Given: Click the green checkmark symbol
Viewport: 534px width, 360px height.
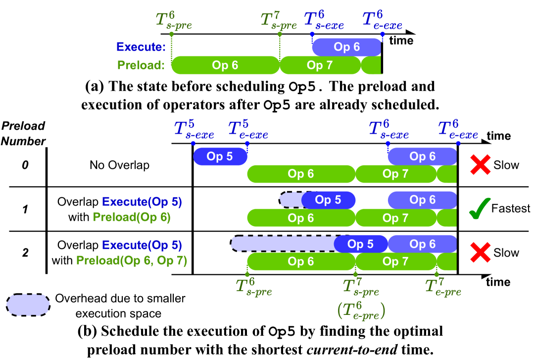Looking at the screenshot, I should pos(480,208).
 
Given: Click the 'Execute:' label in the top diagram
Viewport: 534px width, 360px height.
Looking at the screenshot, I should pos(141,47).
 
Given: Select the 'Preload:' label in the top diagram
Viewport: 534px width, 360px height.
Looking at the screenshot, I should pos(141,65).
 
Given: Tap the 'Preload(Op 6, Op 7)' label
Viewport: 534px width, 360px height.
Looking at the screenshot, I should pos(132,261).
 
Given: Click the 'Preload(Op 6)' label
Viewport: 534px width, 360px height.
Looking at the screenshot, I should pos(132,217).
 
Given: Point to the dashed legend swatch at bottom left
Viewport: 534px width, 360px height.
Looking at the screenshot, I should pos(28,305).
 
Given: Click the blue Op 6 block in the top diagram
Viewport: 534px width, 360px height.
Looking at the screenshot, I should pos(346,47).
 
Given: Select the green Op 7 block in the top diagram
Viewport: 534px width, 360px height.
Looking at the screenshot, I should pos(320,65).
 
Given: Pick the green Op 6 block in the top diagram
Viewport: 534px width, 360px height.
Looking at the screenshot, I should pos(225,65).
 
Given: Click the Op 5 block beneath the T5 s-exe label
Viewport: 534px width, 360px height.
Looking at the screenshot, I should pos(220,156).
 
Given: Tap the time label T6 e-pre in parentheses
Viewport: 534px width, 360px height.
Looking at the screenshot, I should pos(361,310).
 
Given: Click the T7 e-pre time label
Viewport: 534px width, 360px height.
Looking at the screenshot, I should pos(443,287).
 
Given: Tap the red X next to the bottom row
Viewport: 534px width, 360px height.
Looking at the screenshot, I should pos(480,253).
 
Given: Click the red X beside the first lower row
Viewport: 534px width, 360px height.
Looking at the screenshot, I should pos(480,164).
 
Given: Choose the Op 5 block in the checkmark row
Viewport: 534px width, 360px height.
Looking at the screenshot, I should pos(328,200).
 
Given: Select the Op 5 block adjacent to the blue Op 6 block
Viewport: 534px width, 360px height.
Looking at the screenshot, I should pos(361,244).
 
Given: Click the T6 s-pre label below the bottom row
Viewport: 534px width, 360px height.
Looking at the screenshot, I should pos(254,287).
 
